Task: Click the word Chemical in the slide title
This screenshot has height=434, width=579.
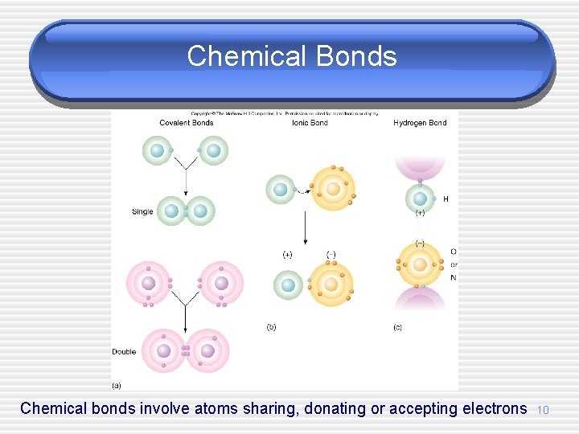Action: tap(248, 56)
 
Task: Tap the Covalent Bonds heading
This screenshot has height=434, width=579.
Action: tap(186, 123)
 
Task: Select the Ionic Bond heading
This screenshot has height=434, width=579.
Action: tap(310, 123)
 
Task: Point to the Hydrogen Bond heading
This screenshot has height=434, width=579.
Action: tap(420, 123)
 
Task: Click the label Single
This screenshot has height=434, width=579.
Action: tap(142, 212)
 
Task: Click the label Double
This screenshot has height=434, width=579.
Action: tap(124, 352)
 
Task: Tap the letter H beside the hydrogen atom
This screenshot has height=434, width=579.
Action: tap(446, 199)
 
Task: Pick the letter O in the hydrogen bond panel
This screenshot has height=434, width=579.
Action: tap(454, 252)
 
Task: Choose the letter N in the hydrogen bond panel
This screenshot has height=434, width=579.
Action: tap(454, 277)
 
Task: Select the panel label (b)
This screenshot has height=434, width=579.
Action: tap(271, 327)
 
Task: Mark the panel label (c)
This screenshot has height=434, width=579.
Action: tap(397, 327)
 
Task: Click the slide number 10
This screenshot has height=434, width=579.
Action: tap(543, 411)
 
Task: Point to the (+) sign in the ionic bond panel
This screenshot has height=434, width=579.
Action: tap(287, 255)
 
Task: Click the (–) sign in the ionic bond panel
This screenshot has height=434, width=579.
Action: tap(331, 255)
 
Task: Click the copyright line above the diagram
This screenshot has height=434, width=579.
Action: tap(285, 113)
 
